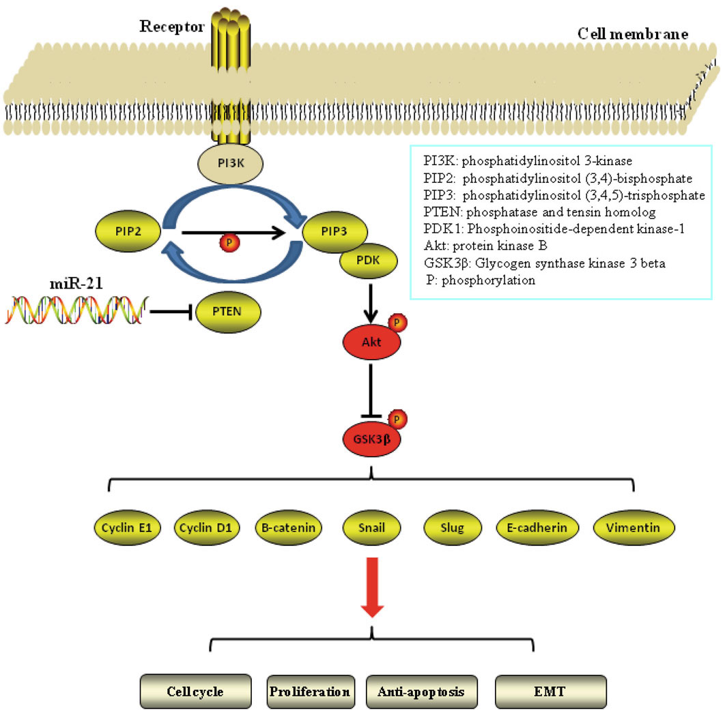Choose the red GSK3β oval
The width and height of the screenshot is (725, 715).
click(371, 437)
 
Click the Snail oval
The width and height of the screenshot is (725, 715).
click(371, 527)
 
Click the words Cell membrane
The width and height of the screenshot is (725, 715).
click(632, 33)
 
